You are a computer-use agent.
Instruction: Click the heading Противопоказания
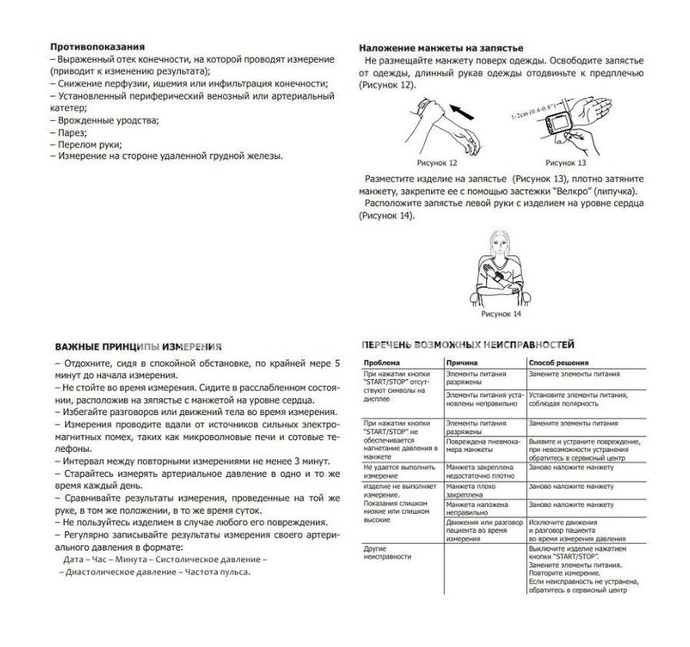(x=97, y=47)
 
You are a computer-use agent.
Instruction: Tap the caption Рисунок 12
(x=437, y=163)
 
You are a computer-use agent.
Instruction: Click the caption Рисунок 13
(x=566, y=163)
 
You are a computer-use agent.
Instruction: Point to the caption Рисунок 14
(x=501, y=314)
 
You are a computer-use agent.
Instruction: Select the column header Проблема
(x=381, y=362)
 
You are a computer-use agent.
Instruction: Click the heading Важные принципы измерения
(x=139, y=347)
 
